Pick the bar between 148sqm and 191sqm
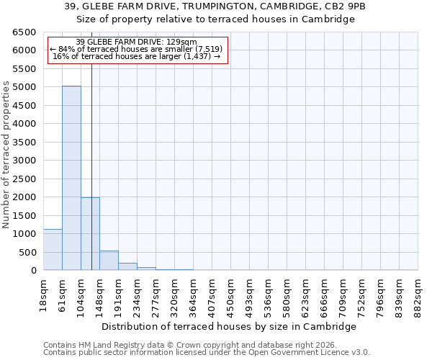click(109, 261)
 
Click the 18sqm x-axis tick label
click(43, 292)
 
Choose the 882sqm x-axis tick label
click(418, 292)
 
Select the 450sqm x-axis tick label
click(231, 292)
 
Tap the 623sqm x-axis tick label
click(306, 292)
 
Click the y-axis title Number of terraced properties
click(6, 155)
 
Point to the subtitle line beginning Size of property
click(216, 19)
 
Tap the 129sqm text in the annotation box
click(174, 42)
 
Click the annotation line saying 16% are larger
click(137, 56)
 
